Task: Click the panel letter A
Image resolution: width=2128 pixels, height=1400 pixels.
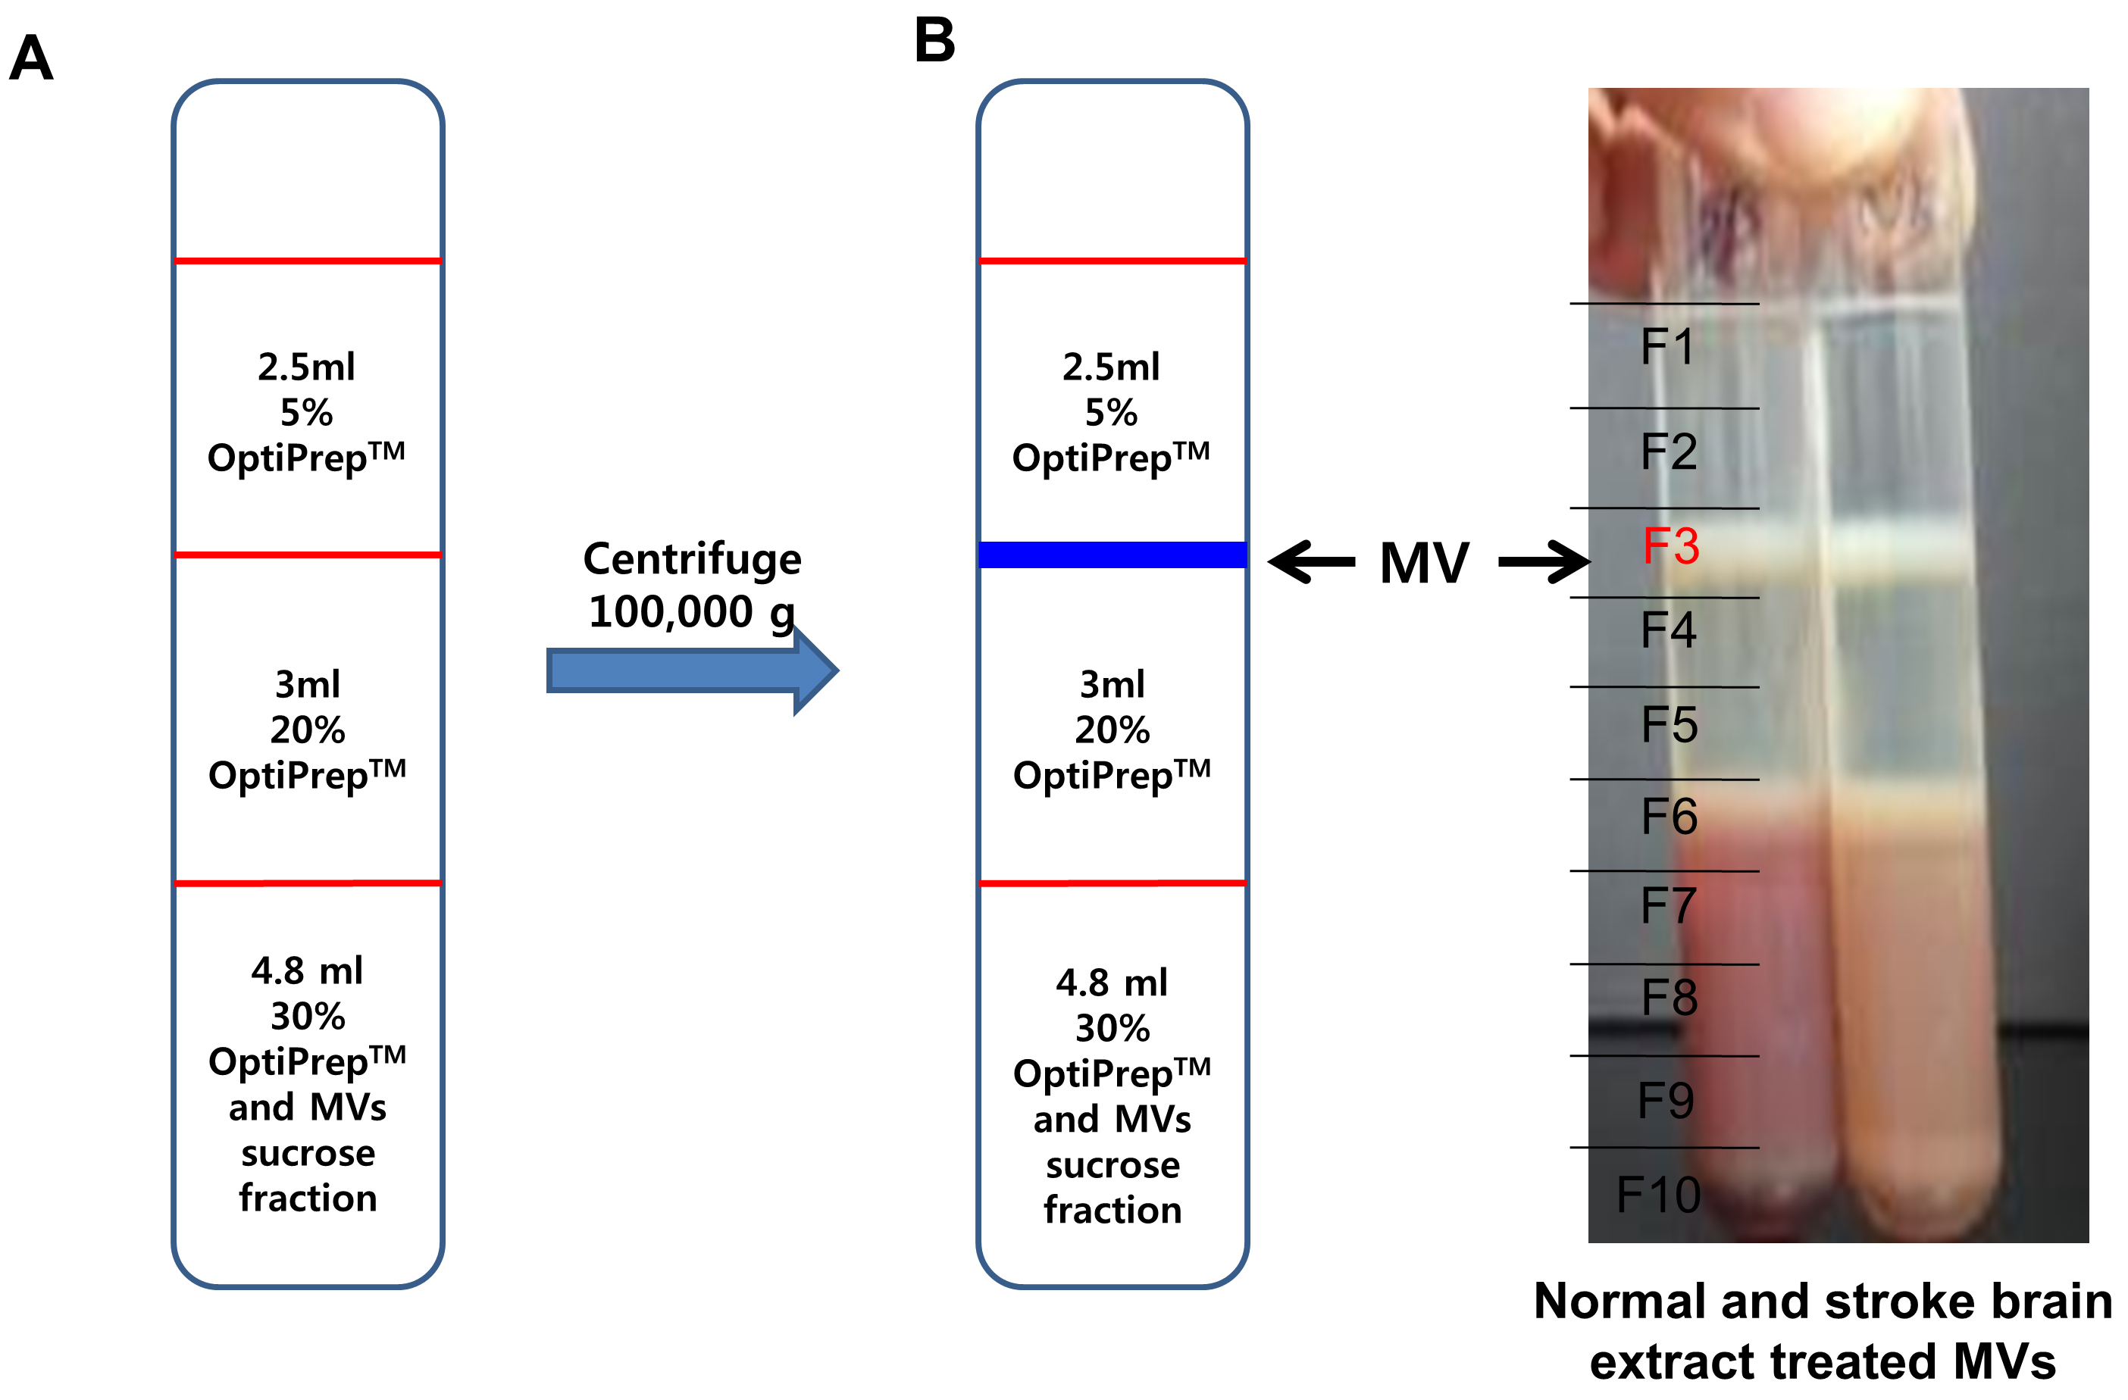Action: coord(31,58)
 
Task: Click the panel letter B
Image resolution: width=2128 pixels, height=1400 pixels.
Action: coord(934,40)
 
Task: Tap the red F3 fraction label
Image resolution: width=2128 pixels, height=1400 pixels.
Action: coord(1670,545)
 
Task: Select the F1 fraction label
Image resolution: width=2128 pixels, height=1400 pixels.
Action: coord(1667,346)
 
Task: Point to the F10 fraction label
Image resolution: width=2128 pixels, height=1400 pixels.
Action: coord(1659,1195)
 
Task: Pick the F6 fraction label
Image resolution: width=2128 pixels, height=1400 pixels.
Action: coord(1670,816)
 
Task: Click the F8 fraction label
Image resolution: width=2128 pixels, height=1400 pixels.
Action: coord(1670,997)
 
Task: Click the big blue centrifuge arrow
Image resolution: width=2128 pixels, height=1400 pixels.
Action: coord(692,670)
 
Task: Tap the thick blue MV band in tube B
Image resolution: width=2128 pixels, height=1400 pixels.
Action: coord(1113,555)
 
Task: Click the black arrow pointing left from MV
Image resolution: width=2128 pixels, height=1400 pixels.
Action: coord(1312,562)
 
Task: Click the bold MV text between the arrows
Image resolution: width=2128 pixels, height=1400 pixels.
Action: coord(1424,563)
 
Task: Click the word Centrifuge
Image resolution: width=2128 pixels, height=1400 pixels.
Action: coord(692,560)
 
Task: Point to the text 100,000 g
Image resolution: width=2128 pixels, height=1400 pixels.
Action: coord(692,612)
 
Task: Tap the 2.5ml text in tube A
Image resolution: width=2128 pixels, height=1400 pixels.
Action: coord(307,367)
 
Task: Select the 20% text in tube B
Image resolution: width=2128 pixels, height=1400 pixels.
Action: coord(1113,730)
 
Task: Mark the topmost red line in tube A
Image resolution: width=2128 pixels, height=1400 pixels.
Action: coord(308,261)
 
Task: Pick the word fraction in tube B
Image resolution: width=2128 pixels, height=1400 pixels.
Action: coord(1113,1211)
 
